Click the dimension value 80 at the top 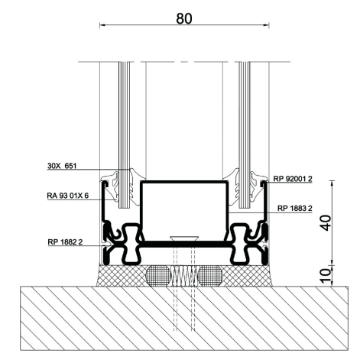[184, 18]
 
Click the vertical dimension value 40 [326, 222]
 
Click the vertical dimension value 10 [326, 276]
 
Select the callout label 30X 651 [62, 166]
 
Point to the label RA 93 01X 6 [68, 196]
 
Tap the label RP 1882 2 [65, 241]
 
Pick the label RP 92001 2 [293, 179]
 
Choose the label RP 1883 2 [295, 209]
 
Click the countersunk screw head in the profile [184, 238]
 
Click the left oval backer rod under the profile [158, 276]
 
